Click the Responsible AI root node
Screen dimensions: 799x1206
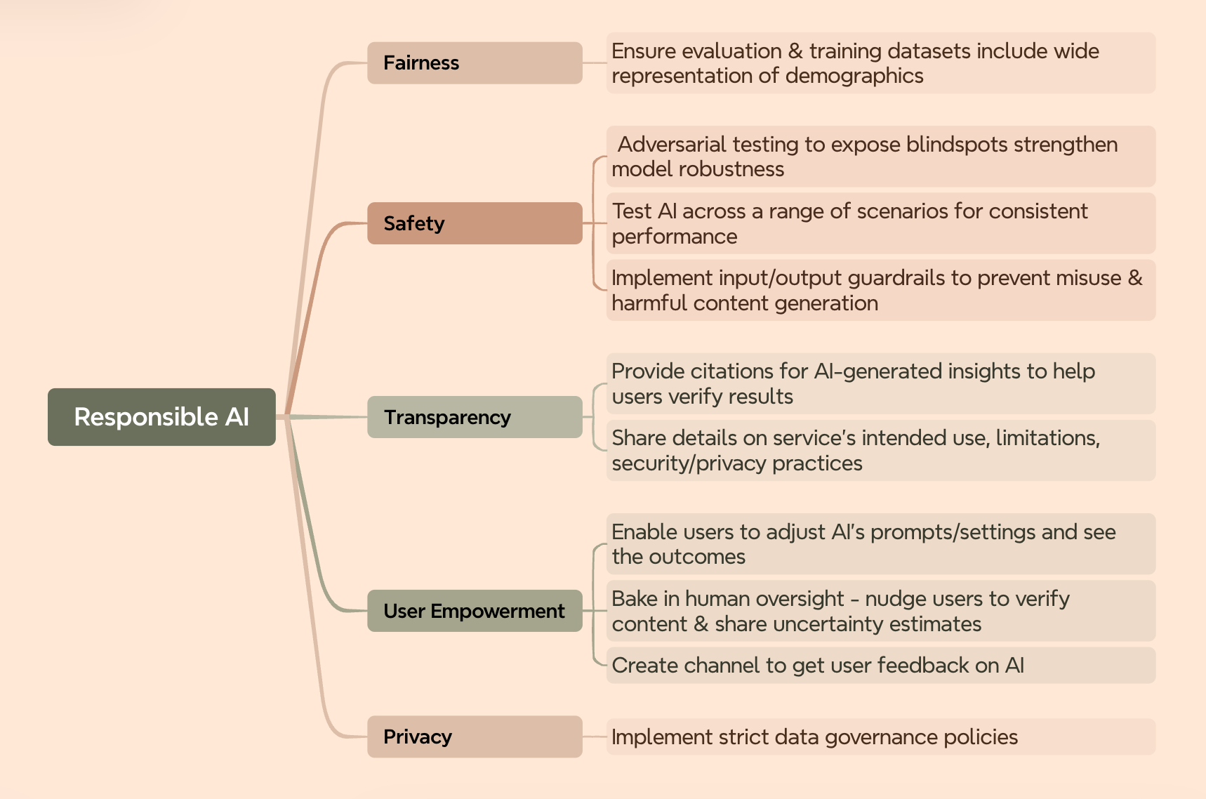pyautogui.click(x=161, y=417)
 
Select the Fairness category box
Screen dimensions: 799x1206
pyautogui.click(x=475, y=63)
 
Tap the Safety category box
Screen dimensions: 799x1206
pyautogui.click(x=475, y=223)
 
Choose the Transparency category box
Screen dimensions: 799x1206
pyautogui.click(x=475, y=417)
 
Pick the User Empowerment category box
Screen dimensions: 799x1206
pyautogui.click(x=475, y=611)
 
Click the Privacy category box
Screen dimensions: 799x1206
pyautogui.click(x=475, y=737)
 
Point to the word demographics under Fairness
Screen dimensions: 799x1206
pyautogui.click(x=854, y=76)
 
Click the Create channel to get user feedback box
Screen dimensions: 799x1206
pyautogui.click(x=880, y=666)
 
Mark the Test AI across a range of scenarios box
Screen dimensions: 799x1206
pyautogui.click(x=880, y=223)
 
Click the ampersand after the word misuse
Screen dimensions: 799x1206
pyautogui.click(x=1134, y=278)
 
